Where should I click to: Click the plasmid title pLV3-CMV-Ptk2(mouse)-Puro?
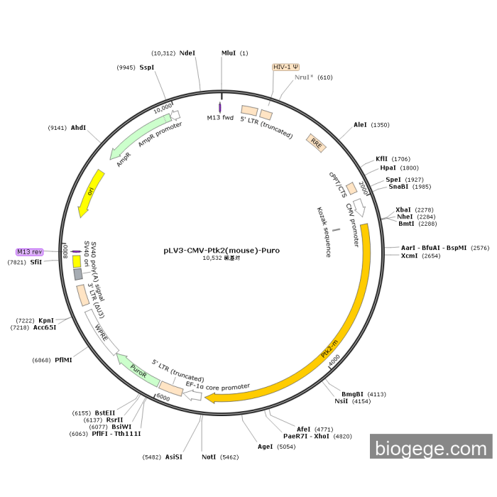(x=222, y=250)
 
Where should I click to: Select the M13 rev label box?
(x=31, y=252)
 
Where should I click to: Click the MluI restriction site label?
(x=229, y=53)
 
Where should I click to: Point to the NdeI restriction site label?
(x=187, y=53)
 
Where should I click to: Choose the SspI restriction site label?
(x=147, y=67)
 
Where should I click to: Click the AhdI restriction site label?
(x=78, y=128)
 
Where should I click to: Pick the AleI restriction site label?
(x=361, y=125)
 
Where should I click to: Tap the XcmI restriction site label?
(x=410, y=256)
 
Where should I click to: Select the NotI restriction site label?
(x=209, y=457)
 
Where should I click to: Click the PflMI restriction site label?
(x=63, y=360)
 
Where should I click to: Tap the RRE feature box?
(x=315, y=141)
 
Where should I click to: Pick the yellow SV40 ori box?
(x=77, y=261)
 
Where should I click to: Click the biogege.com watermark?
(x=431, y=449)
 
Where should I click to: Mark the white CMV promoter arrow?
(x=359, y=207)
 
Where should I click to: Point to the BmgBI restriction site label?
(x=353, y=394)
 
